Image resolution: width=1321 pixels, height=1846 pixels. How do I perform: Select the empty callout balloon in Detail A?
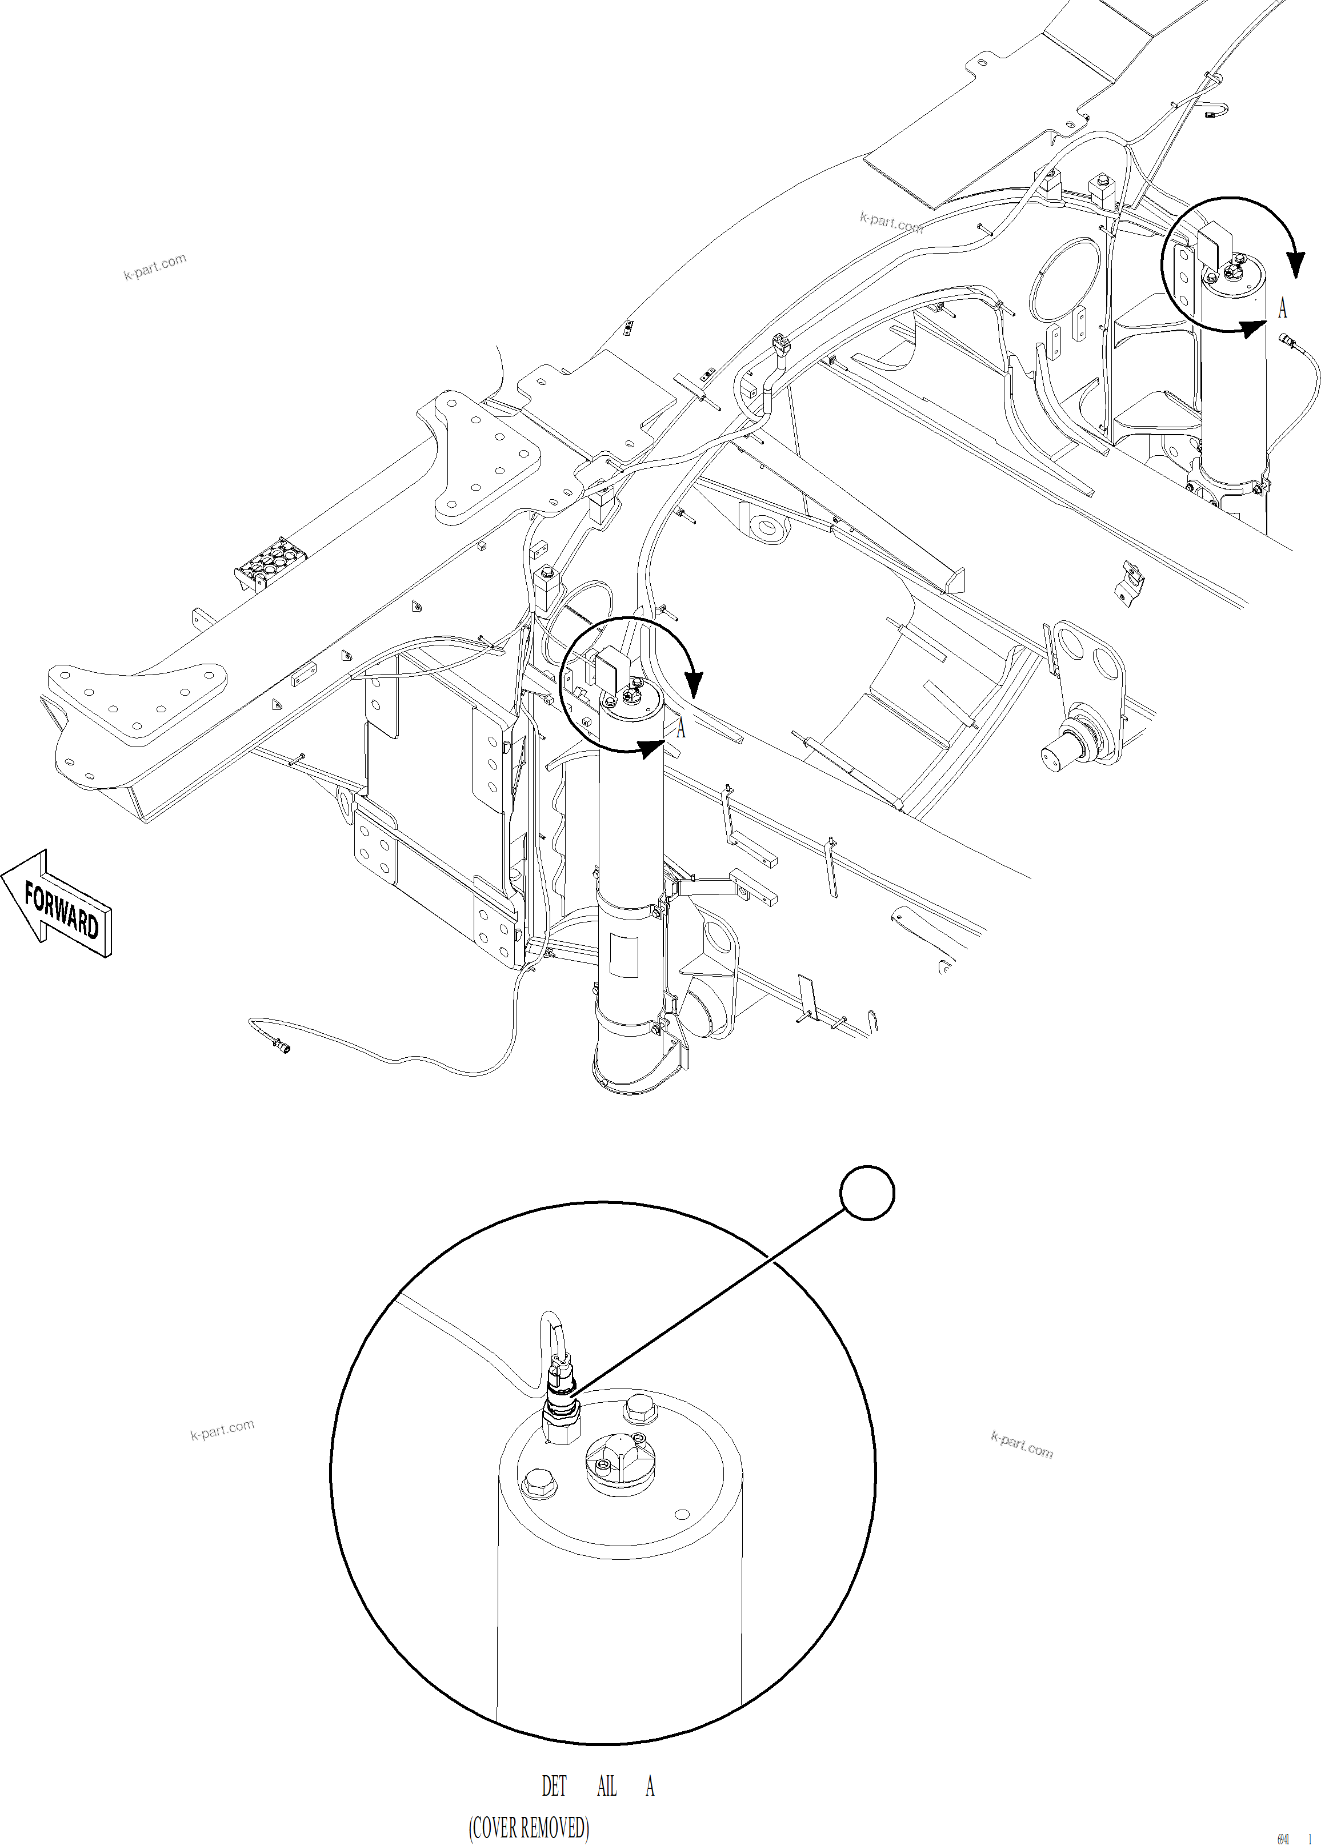pyautogui.click(x=867, y=1193)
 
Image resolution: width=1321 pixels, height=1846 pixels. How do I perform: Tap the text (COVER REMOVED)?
pyautogui.click(x=529, y=1827)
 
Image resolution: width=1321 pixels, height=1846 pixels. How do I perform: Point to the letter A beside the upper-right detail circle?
pyautogui.click(x=1283, y=308)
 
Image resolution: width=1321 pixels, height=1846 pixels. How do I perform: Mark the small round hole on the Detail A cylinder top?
pyautogui.click(x=682, y=1514)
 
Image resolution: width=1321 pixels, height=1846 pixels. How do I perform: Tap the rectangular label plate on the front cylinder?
pyautogui.click(x=624, y=955)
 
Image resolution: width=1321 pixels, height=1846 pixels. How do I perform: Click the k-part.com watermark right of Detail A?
pyautogui.click(x=1022, y=1444)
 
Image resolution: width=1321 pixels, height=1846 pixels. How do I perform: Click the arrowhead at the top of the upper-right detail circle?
pyautogui.click(x=1295, y=264)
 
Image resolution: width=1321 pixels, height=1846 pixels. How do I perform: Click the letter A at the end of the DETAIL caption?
pyautogui.click(x=650, y=1786)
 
